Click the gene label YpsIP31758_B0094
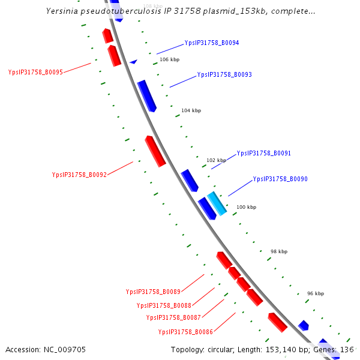[x=211, y=43]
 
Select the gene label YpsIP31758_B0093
[x=224, y=75]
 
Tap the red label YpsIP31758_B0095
[x=35, y=72]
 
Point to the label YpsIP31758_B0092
[x=79, y=175]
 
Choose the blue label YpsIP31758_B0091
[x=263, y=154]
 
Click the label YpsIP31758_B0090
[x=280, y=179]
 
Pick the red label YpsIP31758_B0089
[x=153, y=292]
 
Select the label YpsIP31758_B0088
[x=164, y=305]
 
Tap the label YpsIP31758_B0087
[x=173, y=317]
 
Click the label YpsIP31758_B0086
[x=185, y=332]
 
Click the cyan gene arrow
[x=217, y=204]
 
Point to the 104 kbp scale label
[x=191, y=111]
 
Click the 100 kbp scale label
[x=246, y=207]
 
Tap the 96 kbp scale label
[x=315, y=293]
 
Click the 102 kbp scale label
[x=216, y=160]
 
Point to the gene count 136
[x=347, y=349]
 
